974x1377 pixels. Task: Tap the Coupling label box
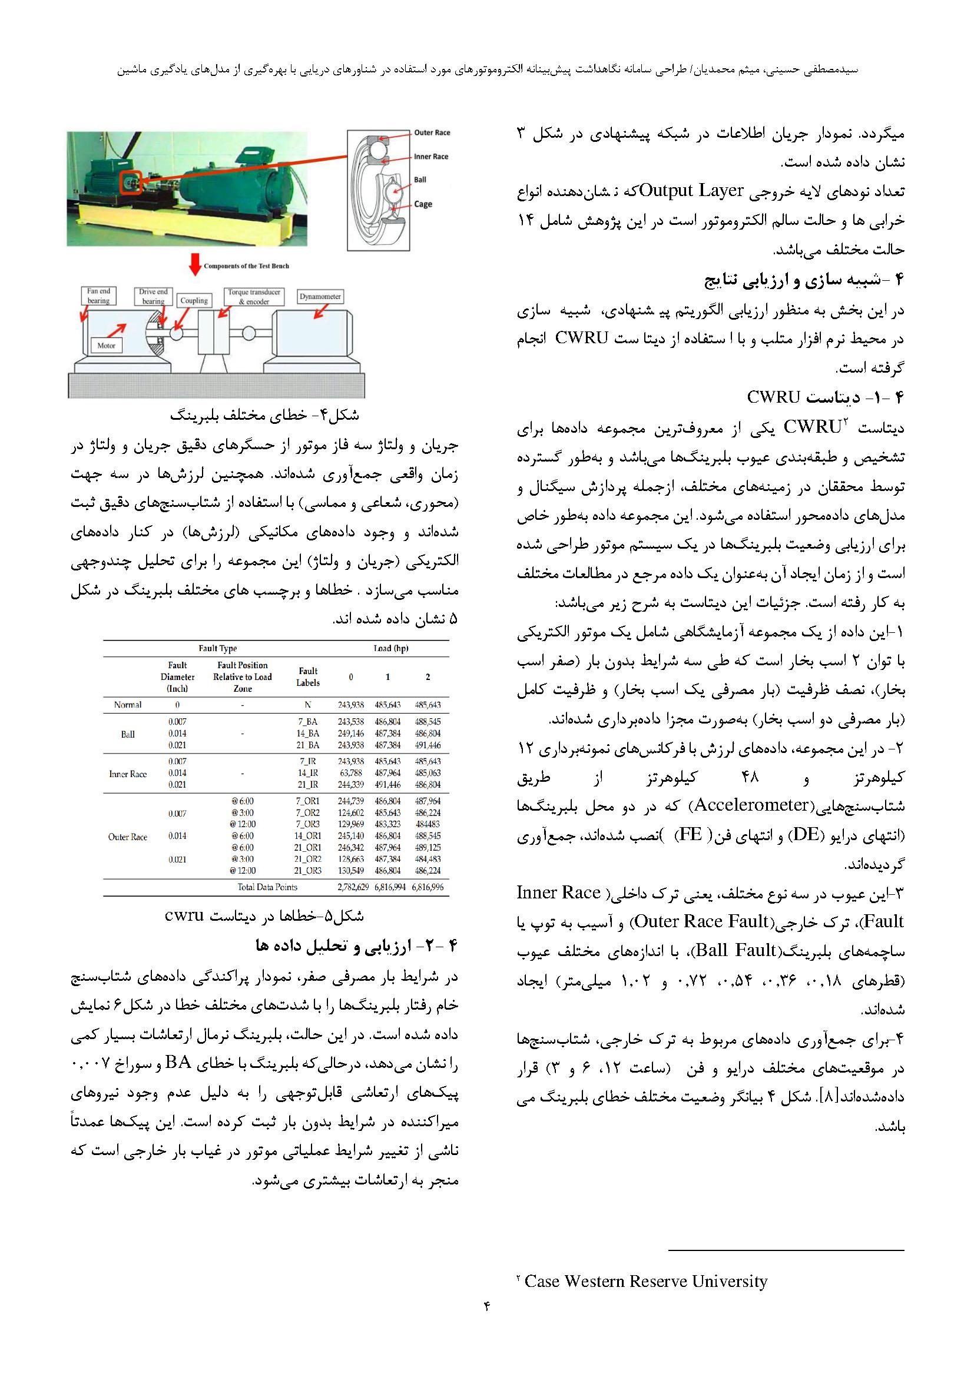(194, 300)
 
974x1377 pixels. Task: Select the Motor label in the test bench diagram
(106, 346)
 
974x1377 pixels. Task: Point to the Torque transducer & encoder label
(254, 297)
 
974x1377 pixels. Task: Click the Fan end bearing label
(98, 296)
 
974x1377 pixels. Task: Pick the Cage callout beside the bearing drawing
(423, 204)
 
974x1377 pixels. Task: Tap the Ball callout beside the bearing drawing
(420, 180)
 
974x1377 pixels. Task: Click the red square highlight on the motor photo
(131, 181)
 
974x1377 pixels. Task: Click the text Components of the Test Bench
(246, 266)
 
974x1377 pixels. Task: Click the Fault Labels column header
(308, 676)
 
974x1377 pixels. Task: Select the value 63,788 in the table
(351, 773)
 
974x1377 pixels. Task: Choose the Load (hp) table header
(390, 648)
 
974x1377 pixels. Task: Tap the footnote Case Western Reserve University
(646, 1282)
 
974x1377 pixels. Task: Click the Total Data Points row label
(267, 887)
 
